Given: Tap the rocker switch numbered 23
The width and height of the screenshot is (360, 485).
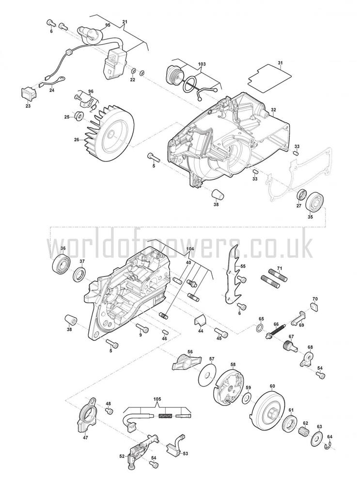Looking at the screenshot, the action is tap(28, 93).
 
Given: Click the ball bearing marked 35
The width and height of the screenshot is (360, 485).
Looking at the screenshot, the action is tap(316, 202).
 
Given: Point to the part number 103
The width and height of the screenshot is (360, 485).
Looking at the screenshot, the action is tap(201, 64).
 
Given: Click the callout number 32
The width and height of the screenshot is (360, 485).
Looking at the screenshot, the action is tap(273, 110).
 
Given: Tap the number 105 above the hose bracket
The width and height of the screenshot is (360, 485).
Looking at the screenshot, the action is tap(157, 400).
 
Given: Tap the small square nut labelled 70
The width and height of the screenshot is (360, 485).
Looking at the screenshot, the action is tap(314, 307).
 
